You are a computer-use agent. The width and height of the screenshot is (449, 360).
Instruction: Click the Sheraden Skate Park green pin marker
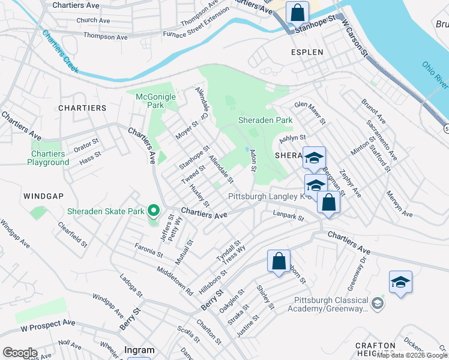pos(153,211)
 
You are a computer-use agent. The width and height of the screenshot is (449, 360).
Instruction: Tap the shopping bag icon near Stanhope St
pos(297,12)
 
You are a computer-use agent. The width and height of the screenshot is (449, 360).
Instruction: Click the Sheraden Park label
pos(265,120)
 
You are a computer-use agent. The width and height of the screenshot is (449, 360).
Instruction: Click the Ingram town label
pos(139,350)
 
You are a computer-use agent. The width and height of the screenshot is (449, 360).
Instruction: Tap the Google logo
pos(20,353)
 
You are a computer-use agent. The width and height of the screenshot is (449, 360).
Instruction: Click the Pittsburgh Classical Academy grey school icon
pos(376,304)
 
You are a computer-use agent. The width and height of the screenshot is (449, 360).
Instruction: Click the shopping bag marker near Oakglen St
pos(279,261)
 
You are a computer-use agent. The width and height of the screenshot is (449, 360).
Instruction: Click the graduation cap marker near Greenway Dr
pos(400,282)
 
